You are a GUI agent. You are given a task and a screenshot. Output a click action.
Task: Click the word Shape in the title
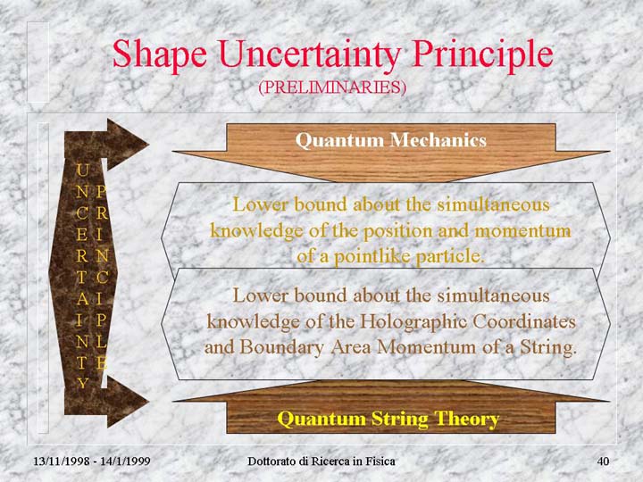[x=160, y=55]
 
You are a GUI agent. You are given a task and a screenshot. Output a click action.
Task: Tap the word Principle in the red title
[x=482, y=55]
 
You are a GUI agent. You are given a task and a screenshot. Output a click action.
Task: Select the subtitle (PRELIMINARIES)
[x=332, y=87]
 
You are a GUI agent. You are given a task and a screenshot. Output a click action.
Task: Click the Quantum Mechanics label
[x=391, y=140]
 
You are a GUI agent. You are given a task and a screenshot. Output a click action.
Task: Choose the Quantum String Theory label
[x=388, y=419]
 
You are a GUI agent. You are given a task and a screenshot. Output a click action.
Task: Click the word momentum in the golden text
[x=522, y=231]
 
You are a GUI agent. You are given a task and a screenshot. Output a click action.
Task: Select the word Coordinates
[x=524, y=321]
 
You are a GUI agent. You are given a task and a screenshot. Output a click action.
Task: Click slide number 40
[x=603, y=461]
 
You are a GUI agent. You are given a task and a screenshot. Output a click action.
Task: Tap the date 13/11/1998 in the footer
[x=62, y=461]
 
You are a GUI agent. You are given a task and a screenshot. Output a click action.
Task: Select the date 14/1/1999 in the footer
[x=125, y=461]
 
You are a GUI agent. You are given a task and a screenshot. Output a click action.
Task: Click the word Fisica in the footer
[x=381, y=461]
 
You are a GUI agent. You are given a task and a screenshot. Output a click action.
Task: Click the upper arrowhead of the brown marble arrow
[x=127, y=144]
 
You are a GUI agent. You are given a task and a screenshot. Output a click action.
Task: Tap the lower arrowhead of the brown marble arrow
[x=127, y=402]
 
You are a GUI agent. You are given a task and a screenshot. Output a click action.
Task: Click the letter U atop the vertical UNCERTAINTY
[x=82, y=170]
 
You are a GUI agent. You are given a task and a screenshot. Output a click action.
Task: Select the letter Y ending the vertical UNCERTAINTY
[x=82, y=383]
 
